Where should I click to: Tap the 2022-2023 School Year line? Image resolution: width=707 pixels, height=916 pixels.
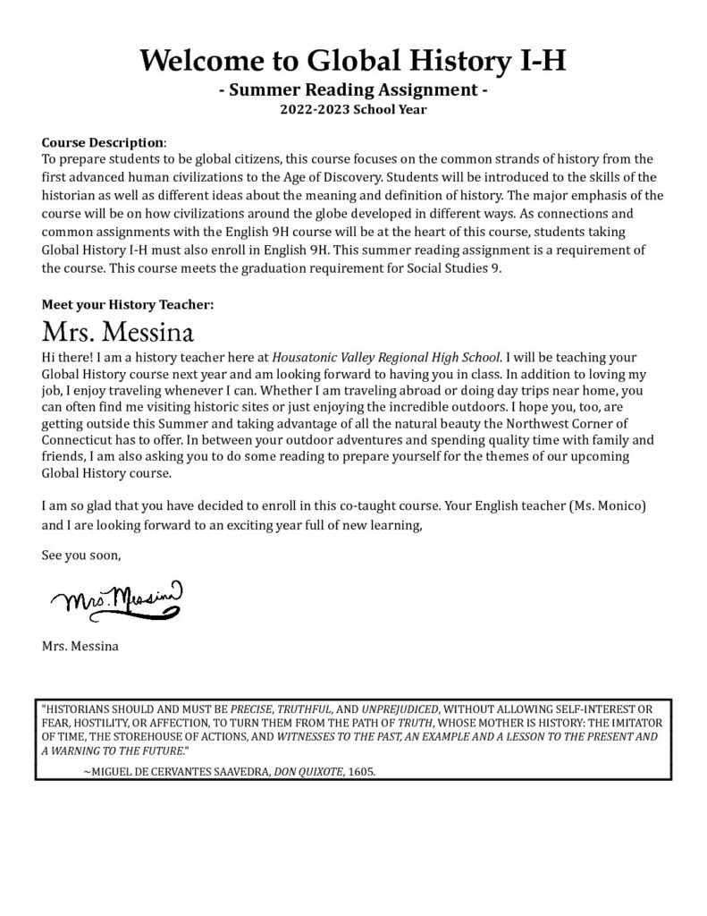click(x=353, y=110)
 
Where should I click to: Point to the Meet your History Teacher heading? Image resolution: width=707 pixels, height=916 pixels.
click(x=128, y=304)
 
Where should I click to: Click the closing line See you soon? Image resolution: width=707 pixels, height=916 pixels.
click(x=80, y=555)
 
